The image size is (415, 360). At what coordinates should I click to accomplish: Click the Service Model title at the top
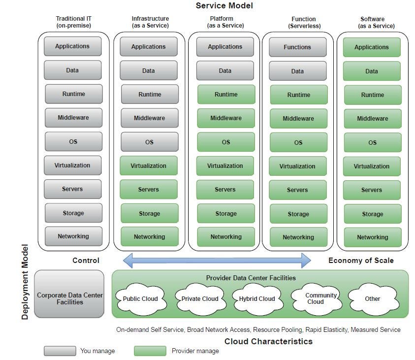[224, 6]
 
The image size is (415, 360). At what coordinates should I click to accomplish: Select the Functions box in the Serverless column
[297, 47]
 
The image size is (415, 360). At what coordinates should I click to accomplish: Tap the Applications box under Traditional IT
[72, 46]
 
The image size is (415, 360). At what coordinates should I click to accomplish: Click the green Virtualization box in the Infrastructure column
[148, 166]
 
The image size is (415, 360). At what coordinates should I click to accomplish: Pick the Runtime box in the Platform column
[226, 95]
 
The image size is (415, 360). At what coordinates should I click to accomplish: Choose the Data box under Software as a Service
[372, 71]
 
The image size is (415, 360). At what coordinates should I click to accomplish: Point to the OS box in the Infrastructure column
[149, 142]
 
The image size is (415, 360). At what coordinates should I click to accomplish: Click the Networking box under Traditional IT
[73, 236]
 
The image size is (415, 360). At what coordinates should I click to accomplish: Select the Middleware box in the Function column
[298, 119]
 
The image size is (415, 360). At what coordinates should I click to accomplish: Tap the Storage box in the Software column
[373, 214]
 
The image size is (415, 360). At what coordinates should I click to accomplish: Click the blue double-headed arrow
[217, 260]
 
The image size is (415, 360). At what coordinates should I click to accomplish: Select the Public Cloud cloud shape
[140, 298]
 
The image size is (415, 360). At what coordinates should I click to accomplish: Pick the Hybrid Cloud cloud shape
[257, 298]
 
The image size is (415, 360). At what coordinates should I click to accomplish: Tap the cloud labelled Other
[373, 298]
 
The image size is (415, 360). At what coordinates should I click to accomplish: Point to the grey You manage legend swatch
[60, 351]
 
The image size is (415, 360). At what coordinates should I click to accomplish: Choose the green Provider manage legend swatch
[150, 351]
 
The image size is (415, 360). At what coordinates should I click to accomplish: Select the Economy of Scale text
[361, 261]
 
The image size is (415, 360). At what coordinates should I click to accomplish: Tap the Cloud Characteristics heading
[268, 341]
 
